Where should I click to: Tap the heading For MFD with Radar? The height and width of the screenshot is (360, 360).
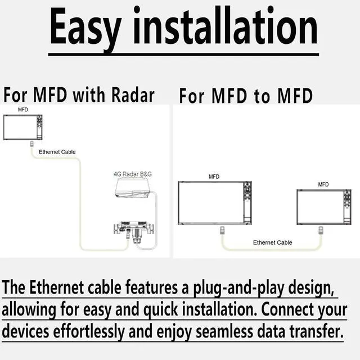[x=79, y=95]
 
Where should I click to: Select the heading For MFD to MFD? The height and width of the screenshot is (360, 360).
[x=246, y=96]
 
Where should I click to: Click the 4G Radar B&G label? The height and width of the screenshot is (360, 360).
[x=133, y=174]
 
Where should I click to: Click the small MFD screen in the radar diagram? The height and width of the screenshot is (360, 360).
[x=22, y=127]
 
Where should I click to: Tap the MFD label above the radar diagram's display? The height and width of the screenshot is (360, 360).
[x=23, y=110]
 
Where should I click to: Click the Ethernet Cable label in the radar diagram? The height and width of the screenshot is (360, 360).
[x=57, y=152]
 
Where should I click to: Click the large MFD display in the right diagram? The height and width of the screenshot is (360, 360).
[x=214, y=203]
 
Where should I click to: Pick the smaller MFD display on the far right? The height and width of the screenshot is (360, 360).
[x=323, y=206]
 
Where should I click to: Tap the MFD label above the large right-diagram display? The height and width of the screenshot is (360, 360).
[x=214, y=177]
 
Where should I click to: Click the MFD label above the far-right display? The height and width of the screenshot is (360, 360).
[x=323, y=184]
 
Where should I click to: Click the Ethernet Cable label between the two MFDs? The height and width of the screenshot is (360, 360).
[x=272, y=242]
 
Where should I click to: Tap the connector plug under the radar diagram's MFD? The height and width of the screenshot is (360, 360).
[x=31, y=146]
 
